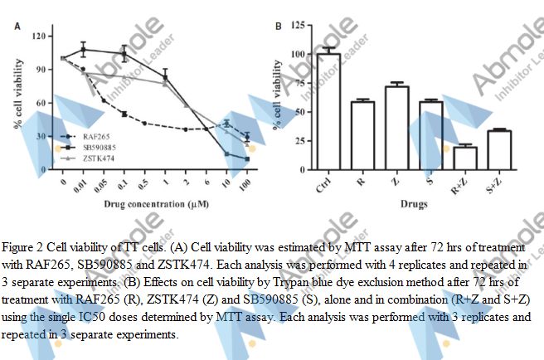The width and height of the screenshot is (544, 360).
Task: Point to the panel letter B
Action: pyautogui.click(x=278, y=26)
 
